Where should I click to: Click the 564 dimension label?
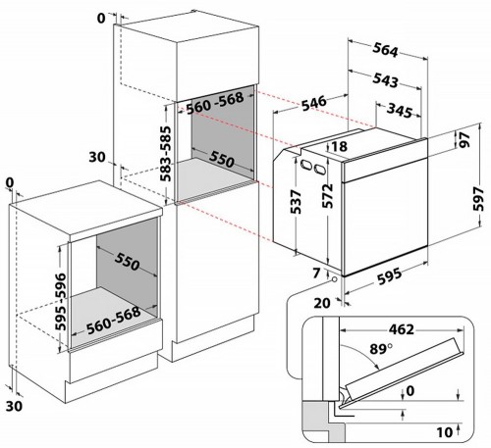click(385, 50)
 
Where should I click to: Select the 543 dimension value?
click(385, 80)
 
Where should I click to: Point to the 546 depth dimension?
click(314, 103)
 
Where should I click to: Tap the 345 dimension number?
click(400, 111)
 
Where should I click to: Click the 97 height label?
click(464, 140)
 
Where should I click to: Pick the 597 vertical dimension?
click(478, 199)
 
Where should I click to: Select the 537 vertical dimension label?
click(296, 202)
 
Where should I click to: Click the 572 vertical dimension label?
click(328, 196)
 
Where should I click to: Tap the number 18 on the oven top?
click(340, 146)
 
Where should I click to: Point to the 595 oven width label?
click(390, 276)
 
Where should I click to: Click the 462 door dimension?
click(402, 329)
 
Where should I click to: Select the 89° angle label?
click(381, 349)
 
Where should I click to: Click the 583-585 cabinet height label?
click(166, 154)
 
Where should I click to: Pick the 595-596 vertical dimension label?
click(60, 301)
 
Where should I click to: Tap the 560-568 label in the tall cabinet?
click(215, 103)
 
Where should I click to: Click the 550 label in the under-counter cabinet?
click(127, 262)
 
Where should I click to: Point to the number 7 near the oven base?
click(316, 274)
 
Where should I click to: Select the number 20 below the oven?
click(322, 303)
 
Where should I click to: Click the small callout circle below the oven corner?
click(334, 279)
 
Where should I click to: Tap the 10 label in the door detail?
click(445, 432)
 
